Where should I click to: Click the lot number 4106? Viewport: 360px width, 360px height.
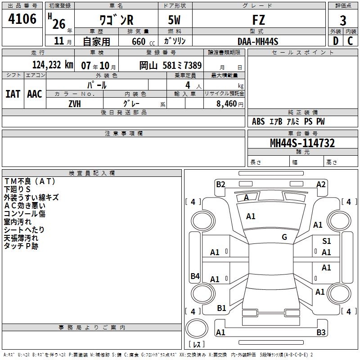point(22,20)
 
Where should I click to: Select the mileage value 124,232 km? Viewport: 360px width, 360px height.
point(53,65)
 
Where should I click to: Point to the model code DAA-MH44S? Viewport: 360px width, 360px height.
point(258,41)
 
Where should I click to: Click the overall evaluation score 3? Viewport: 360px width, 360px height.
point(343,21)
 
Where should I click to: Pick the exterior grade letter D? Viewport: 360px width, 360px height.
point(335,41)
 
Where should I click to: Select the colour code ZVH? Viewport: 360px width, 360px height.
point(75,103)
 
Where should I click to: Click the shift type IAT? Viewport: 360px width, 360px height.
point(13,94)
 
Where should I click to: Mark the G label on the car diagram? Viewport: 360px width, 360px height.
point(284,237)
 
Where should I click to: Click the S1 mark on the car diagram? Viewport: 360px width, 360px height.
point(327,242)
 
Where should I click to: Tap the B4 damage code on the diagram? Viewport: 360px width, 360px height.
point(195,276)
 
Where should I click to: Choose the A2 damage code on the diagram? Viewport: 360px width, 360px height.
point(321,184)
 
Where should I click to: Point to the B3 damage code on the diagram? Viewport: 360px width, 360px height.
point(321,333)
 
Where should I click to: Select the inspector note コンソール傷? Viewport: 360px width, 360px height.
point(25,214)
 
